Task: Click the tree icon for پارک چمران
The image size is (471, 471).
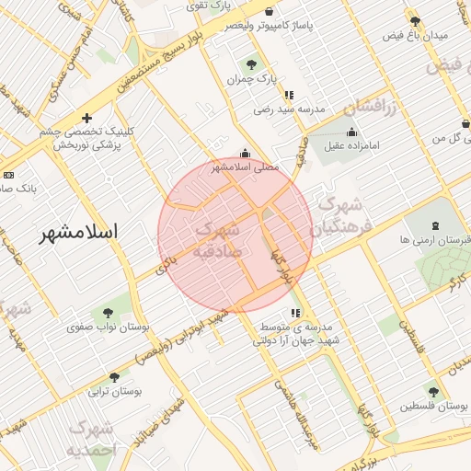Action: pos(252,64)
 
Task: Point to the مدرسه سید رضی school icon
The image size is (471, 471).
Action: pos(289,94)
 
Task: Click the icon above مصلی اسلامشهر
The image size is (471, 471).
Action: pos(245,154)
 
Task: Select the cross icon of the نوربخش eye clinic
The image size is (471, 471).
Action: pos(86,118)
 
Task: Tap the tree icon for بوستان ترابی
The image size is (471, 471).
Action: pos(114,377)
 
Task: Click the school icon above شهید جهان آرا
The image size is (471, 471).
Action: pos(295,313)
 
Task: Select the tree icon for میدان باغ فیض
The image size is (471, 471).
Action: pos(415,20)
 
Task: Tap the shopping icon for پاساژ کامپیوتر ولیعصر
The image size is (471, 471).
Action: pos(268,12)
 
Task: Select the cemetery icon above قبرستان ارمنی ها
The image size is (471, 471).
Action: pos(434,225)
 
